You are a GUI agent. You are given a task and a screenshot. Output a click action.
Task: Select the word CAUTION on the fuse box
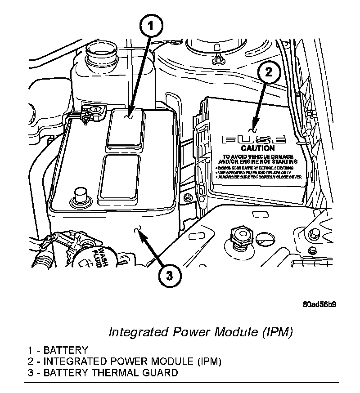(x=257, y=148)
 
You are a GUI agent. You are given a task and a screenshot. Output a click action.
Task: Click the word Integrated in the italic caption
(x=138, y=333)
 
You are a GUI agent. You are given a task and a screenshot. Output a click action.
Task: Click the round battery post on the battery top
(x=81, y=196)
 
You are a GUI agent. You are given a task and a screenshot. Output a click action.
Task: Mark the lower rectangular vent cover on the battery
(x=121, y=177)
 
